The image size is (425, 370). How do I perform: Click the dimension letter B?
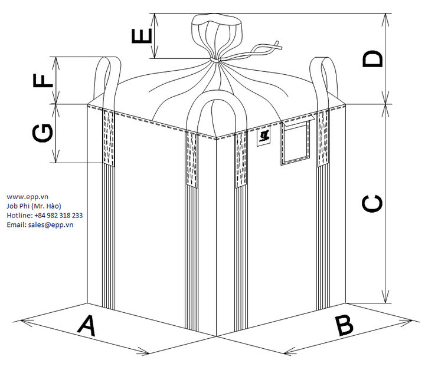pyautogui.click(x=344, y=326)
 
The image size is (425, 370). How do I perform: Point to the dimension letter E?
pyautogui.click(x=142, y=36)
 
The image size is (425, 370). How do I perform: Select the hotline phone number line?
pyautogui.click(x=44, y=215)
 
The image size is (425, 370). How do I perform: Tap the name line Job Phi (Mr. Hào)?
pyautogui.click(x=37, y=206)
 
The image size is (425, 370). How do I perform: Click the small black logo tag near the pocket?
pyautogui.click(x=263, y=137)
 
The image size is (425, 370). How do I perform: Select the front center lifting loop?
pyautogui.click(x=211, y=112)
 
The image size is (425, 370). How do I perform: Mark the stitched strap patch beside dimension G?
pyautogui.click(x=108, y=137)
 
